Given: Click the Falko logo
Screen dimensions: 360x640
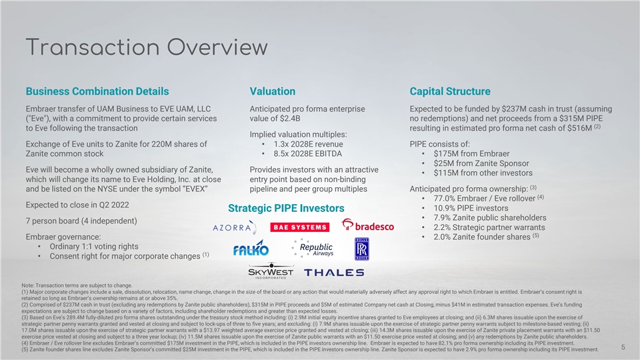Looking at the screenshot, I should (251, 249).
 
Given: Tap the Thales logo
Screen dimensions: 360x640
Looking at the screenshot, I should (333, 272).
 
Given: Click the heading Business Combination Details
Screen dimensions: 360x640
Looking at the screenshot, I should (97, 91).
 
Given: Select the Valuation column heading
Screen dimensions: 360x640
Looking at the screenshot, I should (272, 91).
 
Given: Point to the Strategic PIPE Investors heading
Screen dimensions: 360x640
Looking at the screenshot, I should (287, 209).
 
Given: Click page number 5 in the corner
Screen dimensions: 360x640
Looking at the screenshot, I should (622, 347).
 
